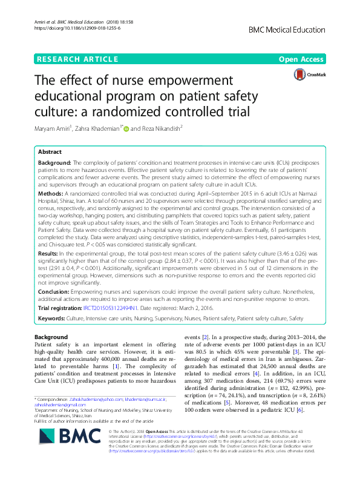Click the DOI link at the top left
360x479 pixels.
(70, 28)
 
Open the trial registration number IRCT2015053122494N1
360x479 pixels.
(116, 308)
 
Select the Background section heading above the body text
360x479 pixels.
(51, 337)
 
